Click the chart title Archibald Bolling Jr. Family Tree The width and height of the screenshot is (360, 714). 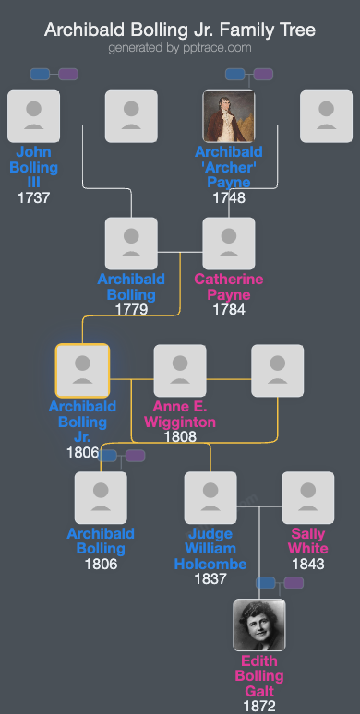[180, 30]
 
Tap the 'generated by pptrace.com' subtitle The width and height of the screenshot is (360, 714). [180, 47]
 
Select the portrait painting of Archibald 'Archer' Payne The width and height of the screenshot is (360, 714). [229, 116]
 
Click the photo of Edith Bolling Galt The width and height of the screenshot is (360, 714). [259, 625]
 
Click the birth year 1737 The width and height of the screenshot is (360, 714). [33, 197]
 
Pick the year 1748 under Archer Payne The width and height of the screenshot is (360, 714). [229, 197]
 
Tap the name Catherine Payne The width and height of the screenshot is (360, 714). [229, 287]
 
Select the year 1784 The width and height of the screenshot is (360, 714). [229, 310]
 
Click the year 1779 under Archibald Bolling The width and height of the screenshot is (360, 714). [131, 310]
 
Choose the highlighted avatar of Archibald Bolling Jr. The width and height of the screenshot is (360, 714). [82, 371]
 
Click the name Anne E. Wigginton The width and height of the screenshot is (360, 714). [180, 414]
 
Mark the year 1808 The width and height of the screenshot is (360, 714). [180, 436]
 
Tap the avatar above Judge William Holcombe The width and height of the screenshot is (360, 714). [210, 498]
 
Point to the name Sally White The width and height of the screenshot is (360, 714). [308, 541]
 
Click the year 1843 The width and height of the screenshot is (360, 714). [308, 564]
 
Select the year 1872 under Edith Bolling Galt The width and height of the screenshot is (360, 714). [259, 706]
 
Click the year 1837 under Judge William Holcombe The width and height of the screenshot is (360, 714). [210, 579]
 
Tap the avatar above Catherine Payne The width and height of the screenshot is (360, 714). [229, 244]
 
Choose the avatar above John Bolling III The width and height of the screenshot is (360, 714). [33, 116]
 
